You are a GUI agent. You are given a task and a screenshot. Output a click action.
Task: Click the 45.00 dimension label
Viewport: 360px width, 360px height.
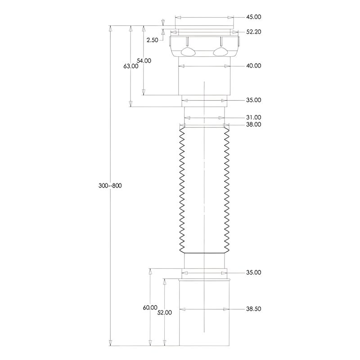click(x=254, y=17)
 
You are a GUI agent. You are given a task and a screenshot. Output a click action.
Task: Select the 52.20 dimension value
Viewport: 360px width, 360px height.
click(x=254, y=32)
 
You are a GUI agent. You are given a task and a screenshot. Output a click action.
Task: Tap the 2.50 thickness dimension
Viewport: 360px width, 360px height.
click(x=153, y=40)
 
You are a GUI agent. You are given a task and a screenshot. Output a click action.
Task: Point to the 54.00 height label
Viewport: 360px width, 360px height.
click(x=144, y=61)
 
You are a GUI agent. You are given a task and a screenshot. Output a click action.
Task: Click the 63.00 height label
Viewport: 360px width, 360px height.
click(x=131, y=66)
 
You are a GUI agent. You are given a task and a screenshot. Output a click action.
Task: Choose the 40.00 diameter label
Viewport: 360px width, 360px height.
click(x=254, y=66)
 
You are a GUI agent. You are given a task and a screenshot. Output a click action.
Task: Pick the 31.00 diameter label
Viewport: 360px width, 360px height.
click(x=254, y=117)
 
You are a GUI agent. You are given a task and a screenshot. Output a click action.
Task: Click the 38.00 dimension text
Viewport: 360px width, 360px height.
click(x=254, y=125)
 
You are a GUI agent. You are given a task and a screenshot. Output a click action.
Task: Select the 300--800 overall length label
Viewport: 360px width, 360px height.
click(x=110, y=185)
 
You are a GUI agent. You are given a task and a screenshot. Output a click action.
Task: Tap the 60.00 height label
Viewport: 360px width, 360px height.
click(x=150, y=307)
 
